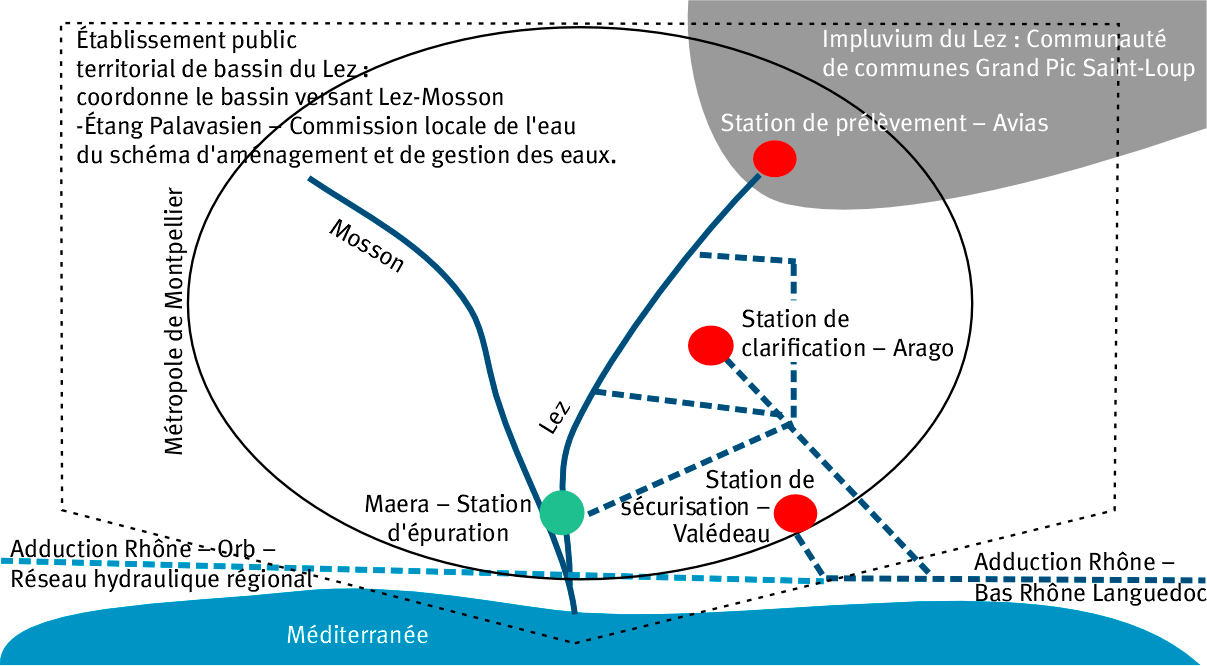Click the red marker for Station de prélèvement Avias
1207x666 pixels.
pyautogui.click(x=774, y=158)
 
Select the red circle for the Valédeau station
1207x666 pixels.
pyautogui.click(x=796, y=513)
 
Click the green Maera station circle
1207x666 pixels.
pyautogui.click(x=561, y=512)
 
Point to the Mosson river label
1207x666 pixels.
pyautogui.click(x=367, y=247)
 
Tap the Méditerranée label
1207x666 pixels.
pyautogui.click(x=357, y=635)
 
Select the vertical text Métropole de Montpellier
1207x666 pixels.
pyautogui.click(x=175, y=321)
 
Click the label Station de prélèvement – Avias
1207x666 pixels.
pyautogui.click(x=884, y=124)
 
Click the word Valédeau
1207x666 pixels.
pyautogui.click(x=723, y=534)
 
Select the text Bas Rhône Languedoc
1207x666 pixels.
pyautogui.click(x=1090, y=593)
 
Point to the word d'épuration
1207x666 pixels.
pyautogui.click(x=448, y=532)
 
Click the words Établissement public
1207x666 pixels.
pyautogui.click(x=187, y=42)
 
